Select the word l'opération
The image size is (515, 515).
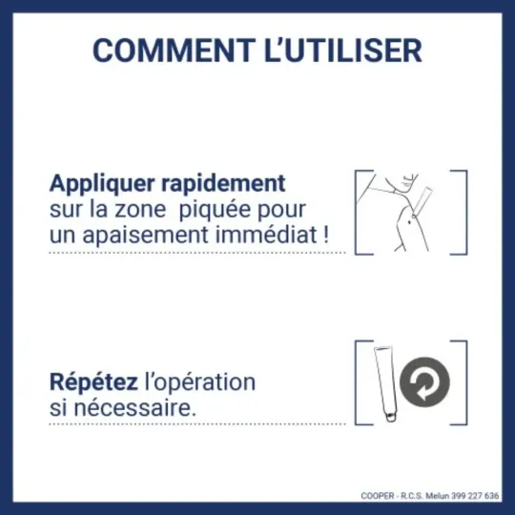coord(199,382)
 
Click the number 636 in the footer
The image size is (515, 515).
coord(492,496)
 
